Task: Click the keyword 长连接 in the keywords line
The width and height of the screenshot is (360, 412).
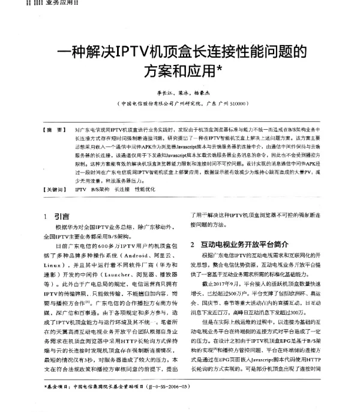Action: point(123,189)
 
